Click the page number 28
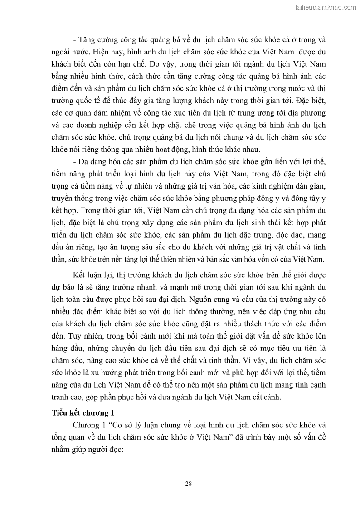pos(189,483)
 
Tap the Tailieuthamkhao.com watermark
pos(325,7)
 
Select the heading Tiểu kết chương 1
pos(82,412)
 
